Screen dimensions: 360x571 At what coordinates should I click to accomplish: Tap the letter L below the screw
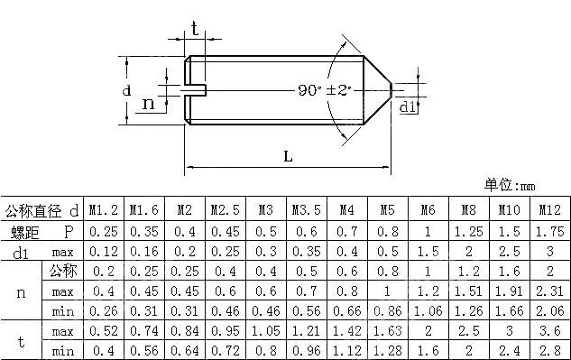pyautogui.click(x=288, y=155)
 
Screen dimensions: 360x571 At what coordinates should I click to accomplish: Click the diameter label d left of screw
pyautogui.click(x=126, y=91)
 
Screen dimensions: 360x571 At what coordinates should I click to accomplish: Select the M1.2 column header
pyautogui.click(x=104, y=210)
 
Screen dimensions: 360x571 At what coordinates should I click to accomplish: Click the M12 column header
pyautogui.click(x=550, y=210)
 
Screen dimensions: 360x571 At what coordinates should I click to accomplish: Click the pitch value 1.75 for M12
pyautogui.click(x=550, y=231)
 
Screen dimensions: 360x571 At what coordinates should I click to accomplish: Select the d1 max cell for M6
pyautogui.click(x=428, y=251)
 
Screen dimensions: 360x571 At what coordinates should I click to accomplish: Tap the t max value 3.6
pyautogui.click(x=550, y=331)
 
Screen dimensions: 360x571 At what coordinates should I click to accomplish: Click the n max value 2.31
pyautogui.click(x=550, y=291)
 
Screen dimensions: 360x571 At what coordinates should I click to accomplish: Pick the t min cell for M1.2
pyautogui.click(x=104, y=350)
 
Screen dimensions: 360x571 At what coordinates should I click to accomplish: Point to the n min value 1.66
pyautogui.click(x=510, y=310)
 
